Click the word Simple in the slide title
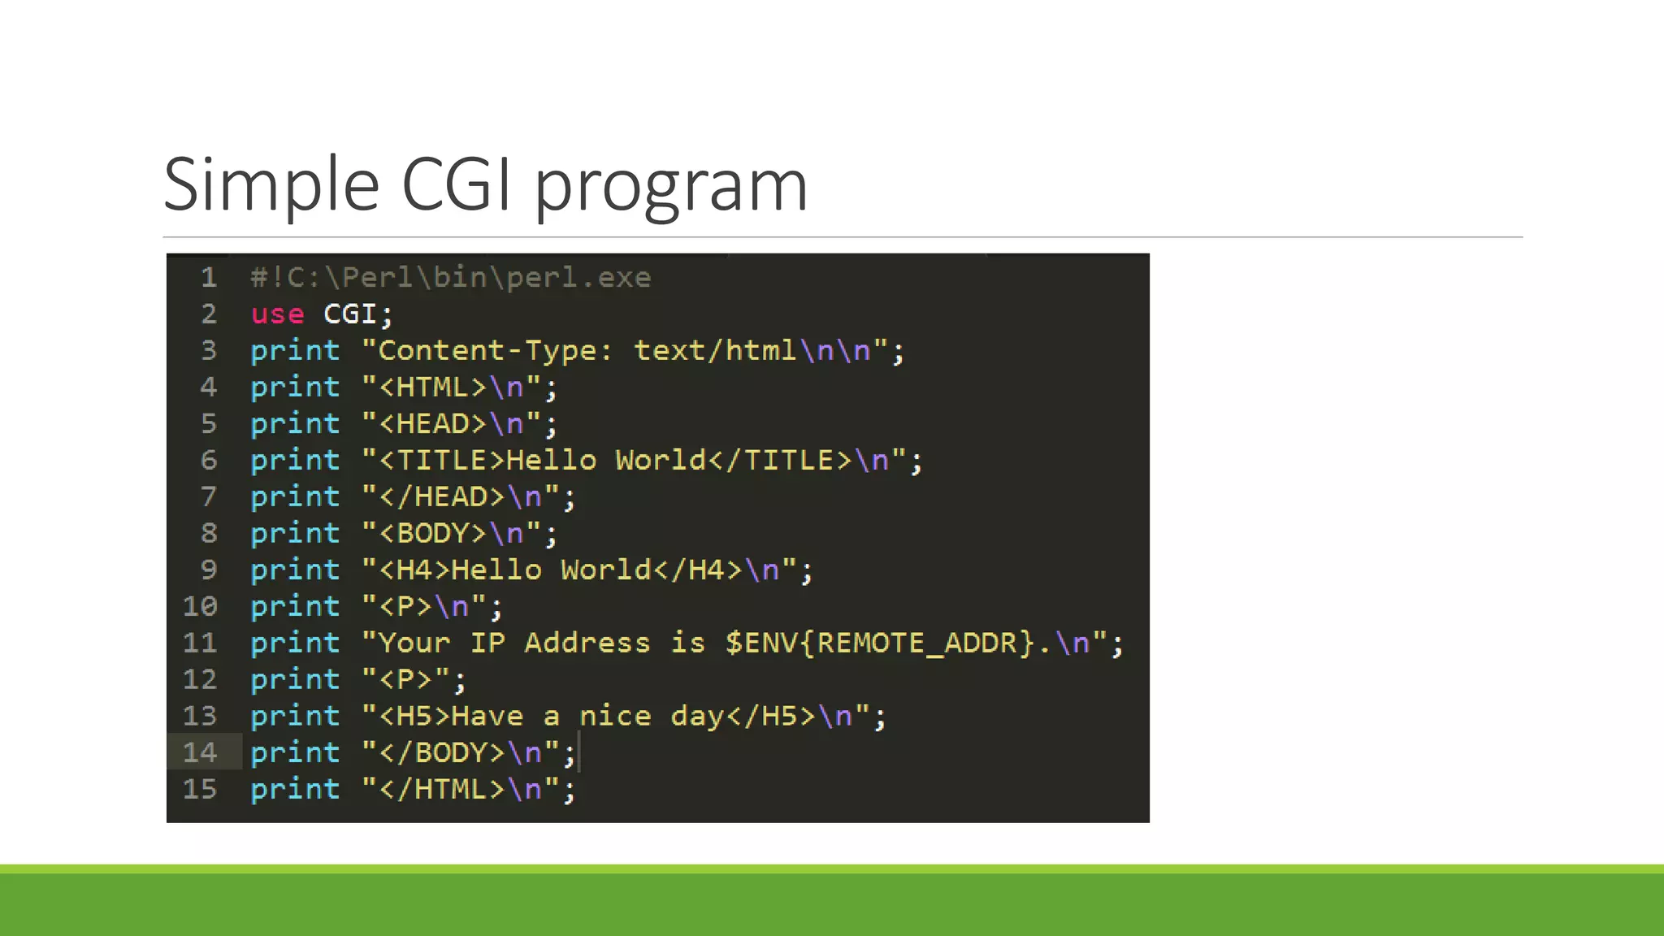click(272, 185)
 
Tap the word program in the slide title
click(670, 188)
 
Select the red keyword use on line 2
click(277, 314)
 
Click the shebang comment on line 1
click(451, 278)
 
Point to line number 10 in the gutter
click(200, 606)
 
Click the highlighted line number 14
click(200, 752)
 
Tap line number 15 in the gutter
click(200, 789)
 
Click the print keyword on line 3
click(295, 351)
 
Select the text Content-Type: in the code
click(495, 351)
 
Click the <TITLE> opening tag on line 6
click(443, 461)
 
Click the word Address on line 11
click(587, 643)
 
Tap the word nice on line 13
click(615, 717)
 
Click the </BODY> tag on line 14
click(443, 753)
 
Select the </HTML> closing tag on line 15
click(443, 790)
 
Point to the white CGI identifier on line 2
click(349, 314)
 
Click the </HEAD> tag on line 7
click(443, 497)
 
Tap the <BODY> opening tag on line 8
click(433, 534)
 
